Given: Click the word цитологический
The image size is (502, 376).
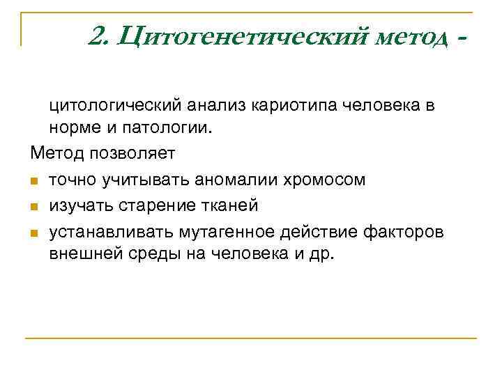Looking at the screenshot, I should [x=115, y=107].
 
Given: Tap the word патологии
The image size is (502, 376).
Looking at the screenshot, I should [x=155, y=128].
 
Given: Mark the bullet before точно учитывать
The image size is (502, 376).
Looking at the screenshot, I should [x=33, y=180].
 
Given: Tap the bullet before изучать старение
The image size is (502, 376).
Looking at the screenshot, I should [x=33, y=206].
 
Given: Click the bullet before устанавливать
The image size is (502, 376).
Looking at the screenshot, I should [x=33, y=232].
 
